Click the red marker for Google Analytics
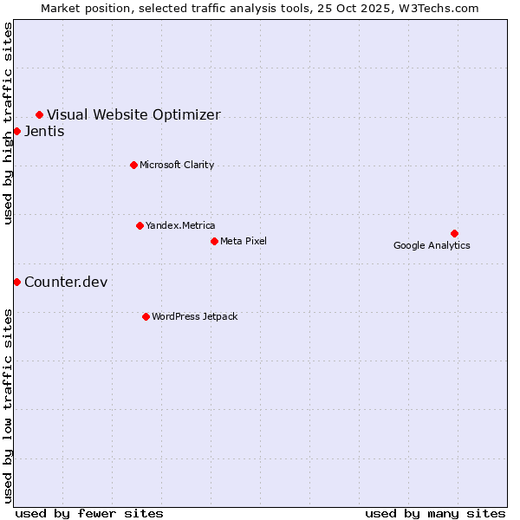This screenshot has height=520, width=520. (x=454, y=233)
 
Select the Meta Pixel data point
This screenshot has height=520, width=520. (x=214, y=241)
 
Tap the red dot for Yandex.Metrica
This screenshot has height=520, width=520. (x=140, y=225)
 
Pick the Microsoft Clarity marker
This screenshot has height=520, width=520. (x=133, y=165)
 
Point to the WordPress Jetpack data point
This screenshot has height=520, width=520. (x=146, y=316)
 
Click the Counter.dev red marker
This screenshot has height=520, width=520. (x=16, y=282)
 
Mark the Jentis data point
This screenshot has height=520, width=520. (x=16, y=131)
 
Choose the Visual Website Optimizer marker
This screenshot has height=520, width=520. (x=39, y=114)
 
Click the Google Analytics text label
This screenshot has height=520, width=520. (x=432, y=245)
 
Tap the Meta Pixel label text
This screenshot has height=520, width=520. (x=244, y=241)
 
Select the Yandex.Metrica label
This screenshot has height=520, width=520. (x=180, y=225)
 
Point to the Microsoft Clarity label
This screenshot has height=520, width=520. (x=177, y=165)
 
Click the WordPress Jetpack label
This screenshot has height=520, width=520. (x=194, y=316)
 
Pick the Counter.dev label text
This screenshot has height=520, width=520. (x=66, y=282)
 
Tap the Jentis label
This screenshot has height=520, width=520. (x=44, y=131)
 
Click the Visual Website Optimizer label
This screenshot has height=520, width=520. (x=133, y=114)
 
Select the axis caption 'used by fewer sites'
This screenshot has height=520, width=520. (x=89, y=513)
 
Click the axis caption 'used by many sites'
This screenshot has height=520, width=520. (x=435, y=513)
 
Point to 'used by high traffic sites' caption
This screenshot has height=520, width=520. (x=9, y=124)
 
